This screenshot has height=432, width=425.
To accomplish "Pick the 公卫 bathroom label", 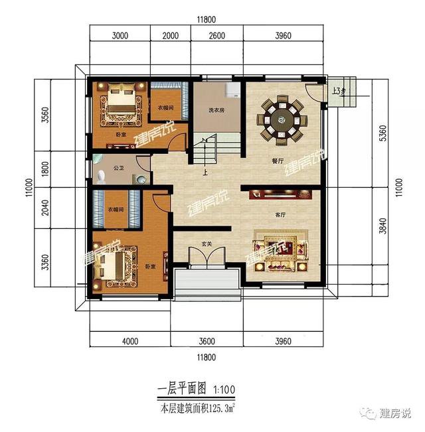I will (120, 169).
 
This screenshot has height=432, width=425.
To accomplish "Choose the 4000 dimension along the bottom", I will (129, 342).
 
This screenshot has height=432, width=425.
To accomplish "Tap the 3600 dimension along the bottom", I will (207, 342).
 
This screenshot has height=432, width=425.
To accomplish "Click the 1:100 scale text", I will (224, 391).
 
